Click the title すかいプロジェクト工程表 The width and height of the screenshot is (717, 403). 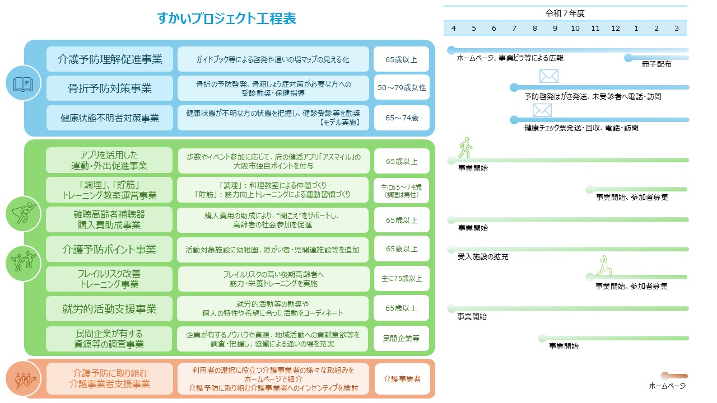pyautogui.click(x=227, y=19)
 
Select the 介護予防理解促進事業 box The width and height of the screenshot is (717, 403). pyautogui.click(x=110, y=59)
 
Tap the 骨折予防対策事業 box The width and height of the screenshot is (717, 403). pyautogui.click(x=110, y=88)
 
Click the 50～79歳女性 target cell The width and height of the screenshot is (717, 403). pyautogui.click(x=402, y=88)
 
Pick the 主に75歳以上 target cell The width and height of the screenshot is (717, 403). pyautogui.click(x=402, y=278)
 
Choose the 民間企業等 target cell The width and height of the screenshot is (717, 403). pyautogui.click(x=402, y=338)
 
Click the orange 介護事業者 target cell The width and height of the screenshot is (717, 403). pyautogui.click(x=402, y=379)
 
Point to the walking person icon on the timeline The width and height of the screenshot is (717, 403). pyautogui.click(x=465, y=148)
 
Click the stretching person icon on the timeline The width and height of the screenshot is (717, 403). pyautogui.click(x=603, y=265)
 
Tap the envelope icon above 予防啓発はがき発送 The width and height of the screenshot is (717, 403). pyautogui.click(x=548, y=76)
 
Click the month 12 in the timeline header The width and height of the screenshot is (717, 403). pyautogui.click(x=616, y=29)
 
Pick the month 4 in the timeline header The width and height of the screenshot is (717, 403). pyautogui.click(x=453, y=29)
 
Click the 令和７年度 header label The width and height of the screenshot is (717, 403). pyautogui.click(x=565, y=13)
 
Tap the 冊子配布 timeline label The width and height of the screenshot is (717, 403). pyautogui.click(x=657, y=64)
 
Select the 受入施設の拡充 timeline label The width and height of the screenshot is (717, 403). pyautogui.click(x=483, y=257)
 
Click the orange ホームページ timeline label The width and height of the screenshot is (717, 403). pyautogui.click(x=667, y=386)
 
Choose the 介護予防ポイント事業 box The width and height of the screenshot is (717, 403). pyautogui.click(x=110, y=250)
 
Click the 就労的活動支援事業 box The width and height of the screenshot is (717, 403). pyautogui.click(x=110, y=308)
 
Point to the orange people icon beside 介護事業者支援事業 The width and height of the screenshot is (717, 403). pyautogui.click(x=24, y=379)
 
